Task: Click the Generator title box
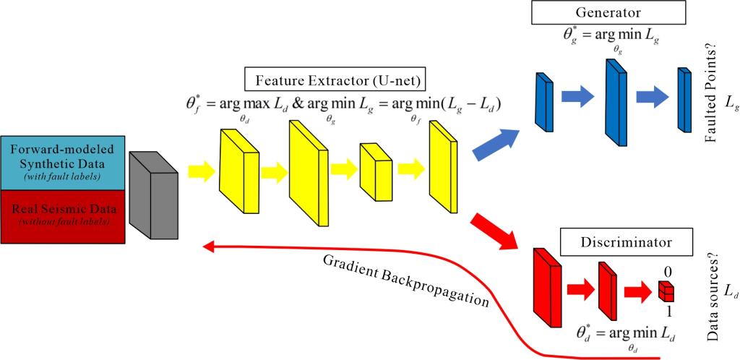pyautogui.click(x=608, y=12)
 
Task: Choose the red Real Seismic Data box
pyautogui.click(x=64, y=215)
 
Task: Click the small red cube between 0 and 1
pyautogui.click(x=666, y=291)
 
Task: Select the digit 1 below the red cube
pyautogui.click(x=669, y=311)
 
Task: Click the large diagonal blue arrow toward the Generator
pyautogui.click(x=499, y=141)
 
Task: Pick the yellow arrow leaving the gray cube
pyautogui.click(x=201, y=171)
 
